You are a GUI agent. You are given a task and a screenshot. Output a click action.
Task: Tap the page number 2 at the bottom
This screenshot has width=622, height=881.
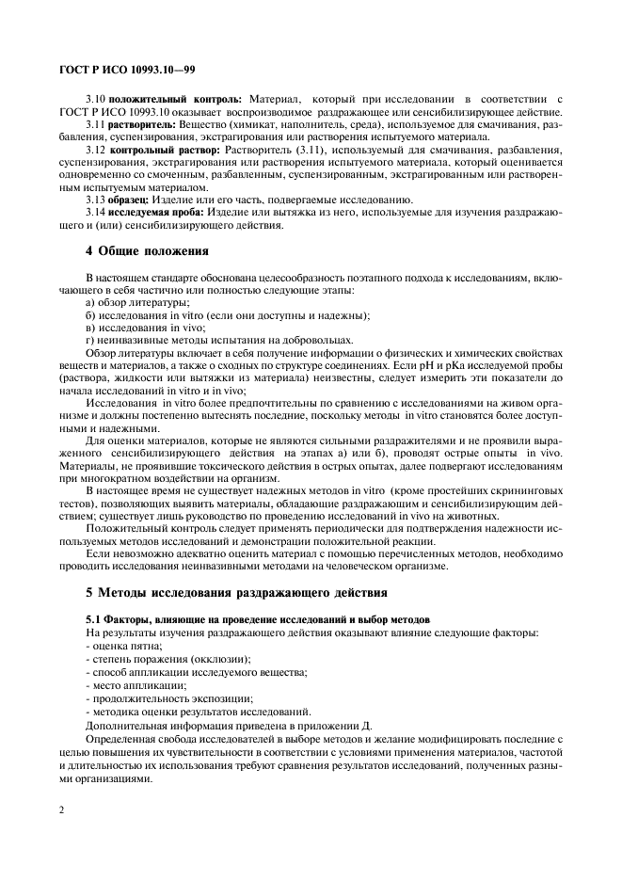click(60, 809)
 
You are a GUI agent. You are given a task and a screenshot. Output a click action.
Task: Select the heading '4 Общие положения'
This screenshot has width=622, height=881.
click(146, 251)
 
